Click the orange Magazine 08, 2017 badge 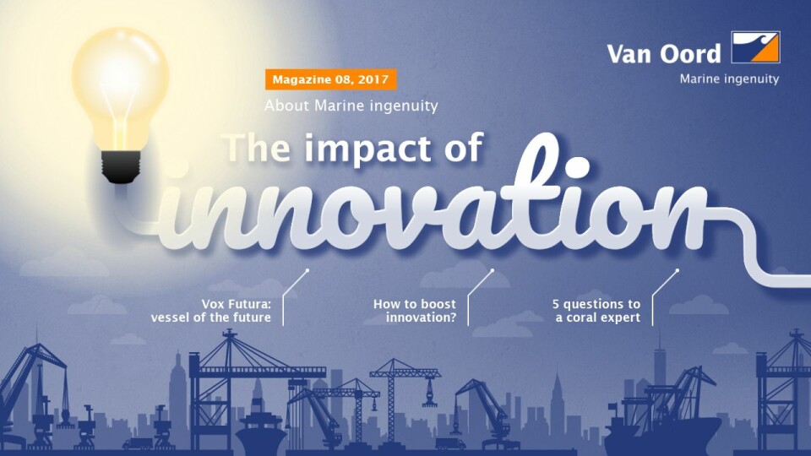click(x=331, y=79)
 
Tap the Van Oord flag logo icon click(x=755, y=47)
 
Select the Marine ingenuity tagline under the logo click(x=729, y=79)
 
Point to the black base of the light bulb click(x=121, y=166)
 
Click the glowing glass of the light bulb click(x=120, y=87)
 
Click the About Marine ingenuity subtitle click(x=351, y=106)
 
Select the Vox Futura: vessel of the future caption click(x=211, y=310)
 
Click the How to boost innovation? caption click(x=415, y=310)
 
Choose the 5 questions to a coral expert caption click(x=596, y=310)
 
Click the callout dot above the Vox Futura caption click(x=308, y=270)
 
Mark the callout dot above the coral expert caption click(x=677, y=270)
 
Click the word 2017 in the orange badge click(x=373, y=79)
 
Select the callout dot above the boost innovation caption click(x=492, y=270)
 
